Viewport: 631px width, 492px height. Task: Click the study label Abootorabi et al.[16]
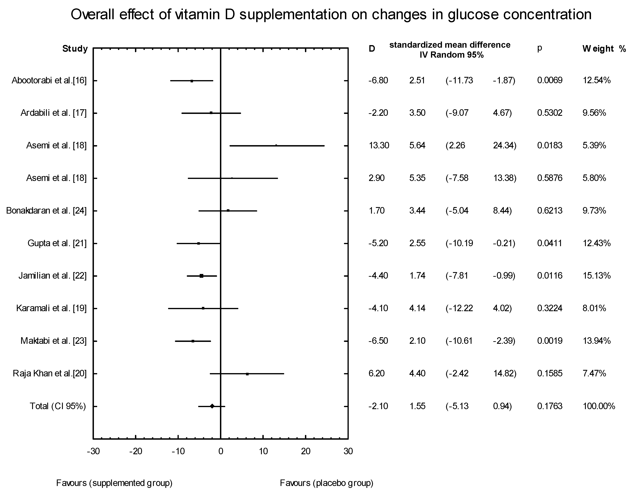pyautogui.click(x=49, y=81)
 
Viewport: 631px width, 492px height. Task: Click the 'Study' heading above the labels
pyautogui.click(x=75, y=49)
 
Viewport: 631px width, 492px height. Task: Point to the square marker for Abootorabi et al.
pyautogui.click(x=192, y=81)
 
